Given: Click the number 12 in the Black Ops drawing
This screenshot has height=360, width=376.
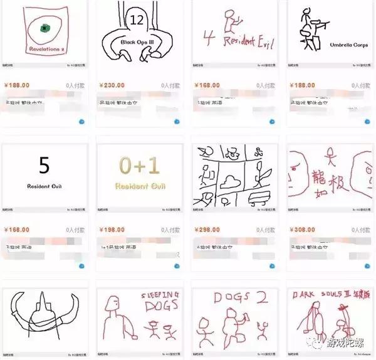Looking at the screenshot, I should pyautogui.click(x=137, y=21).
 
